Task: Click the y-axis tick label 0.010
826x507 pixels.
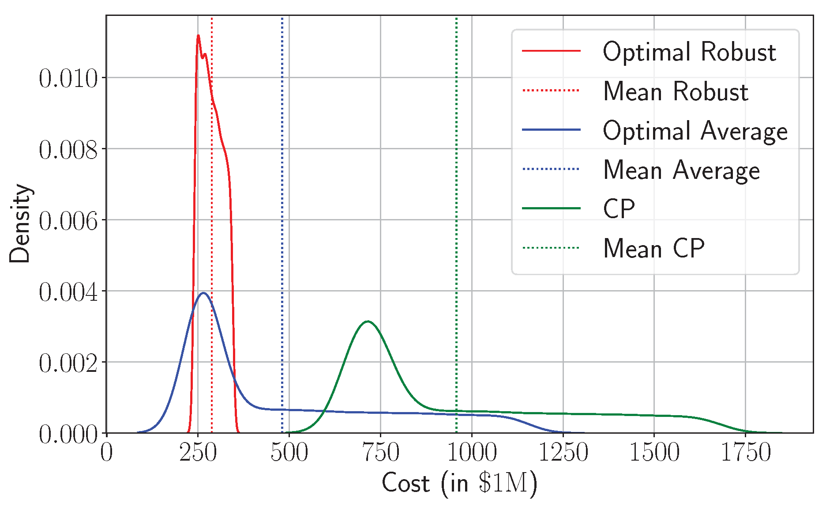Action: pyautogui.click(x=68, y=79)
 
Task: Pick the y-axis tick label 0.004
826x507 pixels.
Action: pyautogui.click(x=68, y=292)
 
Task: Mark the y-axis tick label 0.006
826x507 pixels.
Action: pyautogui.click(x=68, y=221)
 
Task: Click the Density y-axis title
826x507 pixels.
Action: pyautogui.click(x=20, y=223)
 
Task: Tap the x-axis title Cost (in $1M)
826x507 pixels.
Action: pyautogui.click(x=459, y=483)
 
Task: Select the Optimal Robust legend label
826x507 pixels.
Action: pyautogui.click(x=689, y=52)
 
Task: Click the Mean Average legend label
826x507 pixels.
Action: pyautogui.click(x=681, y=170)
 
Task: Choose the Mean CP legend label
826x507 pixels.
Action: pyautogui.click(x=653, y=248)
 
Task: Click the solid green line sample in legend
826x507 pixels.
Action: pyautogui.click(x=551, y=208)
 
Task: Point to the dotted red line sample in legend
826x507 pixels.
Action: pyautogui.click(x=551, y=91)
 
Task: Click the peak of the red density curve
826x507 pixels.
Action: pyautogui.click(x=198, y=35)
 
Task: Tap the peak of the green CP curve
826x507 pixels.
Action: pyautogui.click(x=368, y=321)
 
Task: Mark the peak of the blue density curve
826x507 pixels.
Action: pyautogui.click(x=203, y=293)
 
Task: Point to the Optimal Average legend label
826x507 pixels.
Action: pyautogui.click(x=695, y=131)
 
